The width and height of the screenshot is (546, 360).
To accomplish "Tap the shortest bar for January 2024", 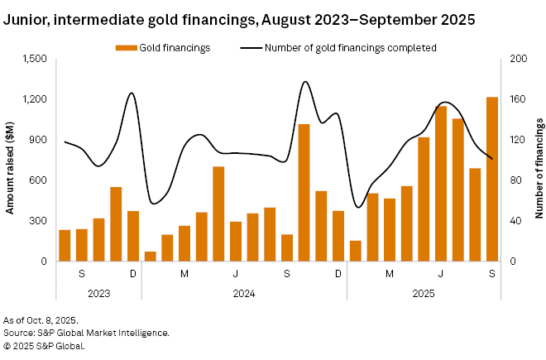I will tap(150, 257).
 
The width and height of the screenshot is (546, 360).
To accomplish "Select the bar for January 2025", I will tap(356, 251).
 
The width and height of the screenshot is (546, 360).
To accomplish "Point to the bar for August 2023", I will tap(65, 246).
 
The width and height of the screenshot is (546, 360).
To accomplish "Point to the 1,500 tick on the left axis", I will tap(36, 60).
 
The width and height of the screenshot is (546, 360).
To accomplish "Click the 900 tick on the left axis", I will tap(40, 140).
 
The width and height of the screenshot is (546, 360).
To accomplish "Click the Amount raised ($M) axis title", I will tap(10, 161).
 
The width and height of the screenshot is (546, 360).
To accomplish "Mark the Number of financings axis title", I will tap(539, 161).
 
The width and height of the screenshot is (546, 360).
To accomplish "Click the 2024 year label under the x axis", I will tap(244, 293).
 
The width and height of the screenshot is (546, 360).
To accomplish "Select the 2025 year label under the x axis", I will tap(424, 293).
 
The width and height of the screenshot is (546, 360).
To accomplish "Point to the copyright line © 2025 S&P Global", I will tap(44, 345).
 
